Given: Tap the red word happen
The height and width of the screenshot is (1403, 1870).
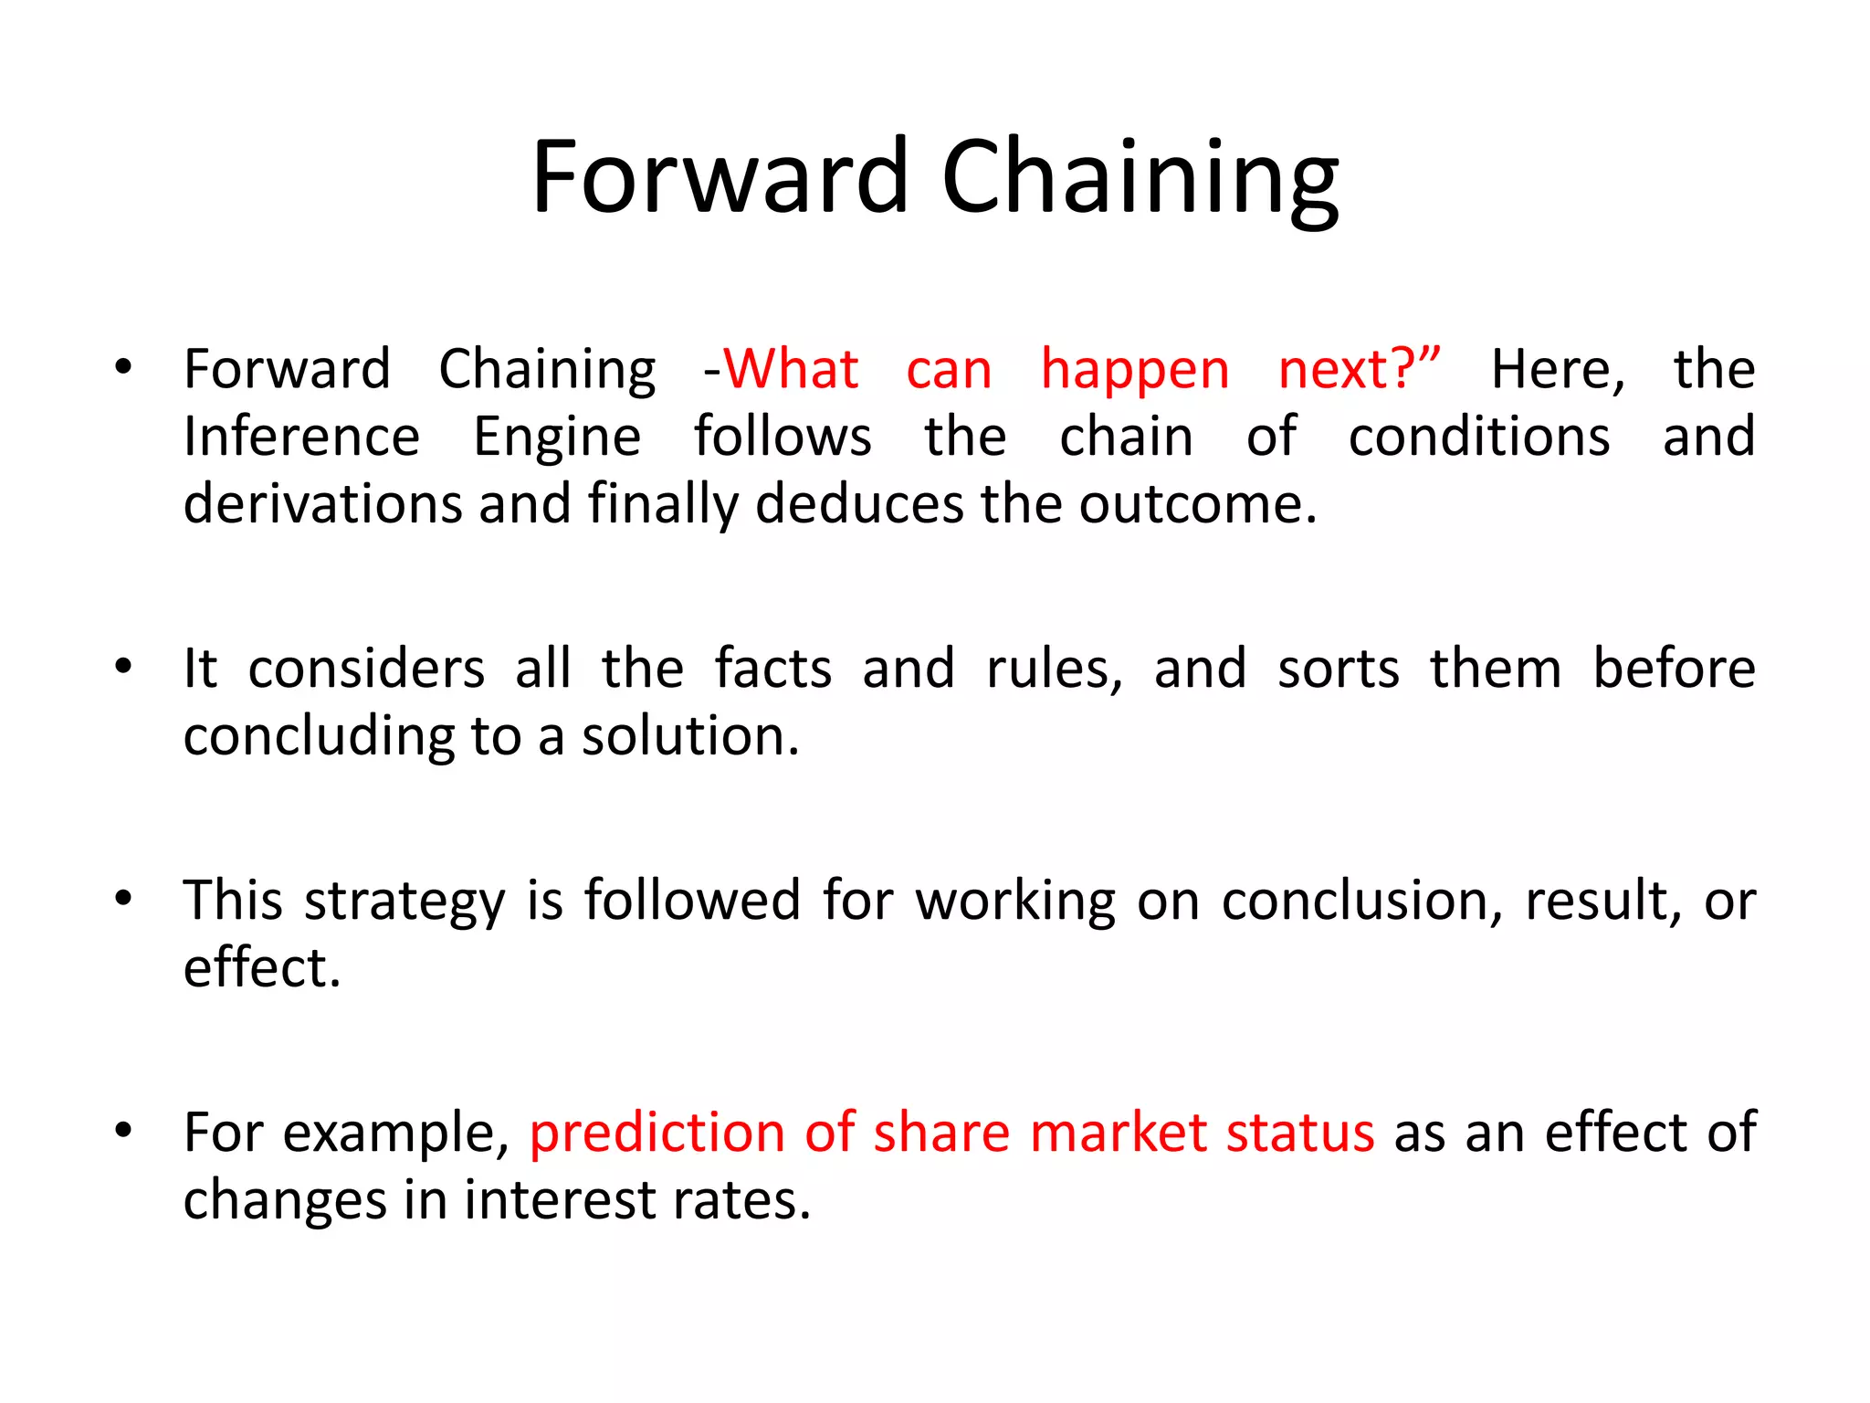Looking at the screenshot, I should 1135,372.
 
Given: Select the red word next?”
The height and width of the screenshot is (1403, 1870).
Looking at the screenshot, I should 1359,370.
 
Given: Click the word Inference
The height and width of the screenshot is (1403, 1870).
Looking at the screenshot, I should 301,437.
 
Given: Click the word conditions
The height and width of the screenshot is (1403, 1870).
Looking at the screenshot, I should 1479,437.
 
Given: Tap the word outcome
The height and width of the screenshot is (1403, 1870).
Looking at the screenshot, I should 1197,504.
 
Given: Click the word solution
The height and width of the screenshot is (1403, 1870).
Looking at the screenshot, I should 689,736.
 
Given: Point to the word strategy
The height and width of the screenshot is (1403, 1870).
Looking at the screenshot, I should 404,902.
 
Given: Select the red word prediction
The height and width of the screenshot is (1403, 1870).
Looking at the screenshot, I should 657,1133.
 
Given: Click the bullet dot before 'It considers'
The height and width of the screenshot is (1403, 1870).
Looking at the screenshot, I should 123,667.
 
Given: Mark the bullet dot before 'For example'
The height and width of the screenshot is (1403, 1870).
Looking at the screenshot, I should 123,1131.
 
